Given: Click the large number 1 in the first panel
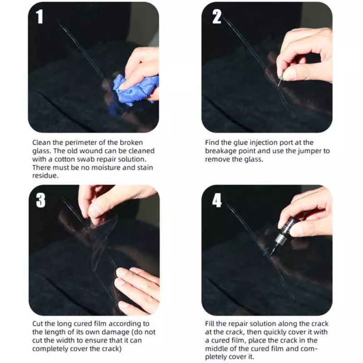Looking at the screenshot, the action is click(40, 17).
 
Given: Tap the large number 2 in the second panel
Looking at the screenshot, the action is click(217, 17).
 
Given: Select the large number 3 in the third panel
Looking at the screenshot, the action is click(41, 200).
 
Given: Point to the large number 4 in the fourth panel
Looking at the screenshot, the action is click(217, 200).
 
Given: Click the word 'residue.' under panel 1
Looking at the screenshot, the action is click(45, 176).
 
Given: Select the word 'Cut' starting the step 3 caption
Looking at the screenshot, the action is click(37, 324).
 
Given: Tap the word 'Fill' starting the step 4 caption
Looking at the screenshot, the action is click(210, 324).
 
